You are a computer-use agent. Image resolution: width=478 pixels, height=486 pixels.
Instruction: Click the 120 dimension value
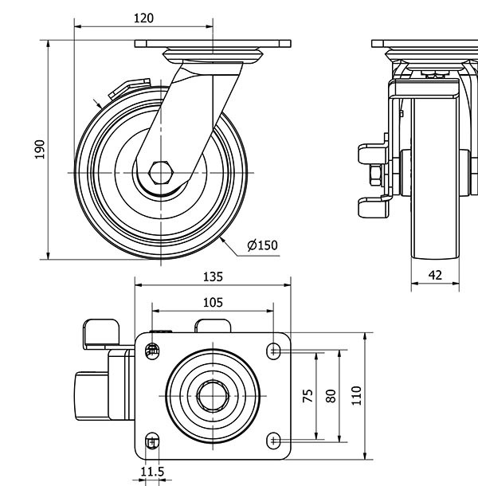point(143,18)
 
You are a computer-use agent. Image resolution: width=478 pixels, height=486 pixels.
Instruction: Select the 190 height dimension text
point(40,150)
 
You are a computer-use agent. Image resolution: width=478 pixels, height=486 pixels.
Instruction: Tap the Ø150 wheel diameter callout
point(262,245)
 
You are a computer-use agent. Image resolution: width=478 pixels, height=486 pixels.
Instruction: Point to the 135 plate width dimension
point(212,277)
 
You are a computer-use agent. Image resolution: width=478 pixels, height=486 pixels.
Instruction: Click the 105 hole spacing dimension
point(212,302)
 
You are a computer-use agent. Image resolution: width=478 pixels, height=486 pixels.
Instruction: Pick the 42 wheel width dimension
point(435,275)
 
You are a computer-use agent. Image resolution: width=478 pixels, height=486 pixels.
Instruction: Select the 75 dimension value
point(308,395)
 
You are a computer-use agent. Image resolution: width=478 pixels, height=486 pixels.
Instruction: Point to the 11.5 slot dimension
point(152,472)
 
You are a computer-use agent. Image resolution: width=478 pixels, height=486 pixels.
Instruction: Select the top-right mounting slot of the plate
point(273,349)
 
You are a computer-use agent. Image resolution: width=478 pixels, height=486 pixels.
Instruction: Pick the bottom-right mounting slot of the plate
point(273,439)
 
